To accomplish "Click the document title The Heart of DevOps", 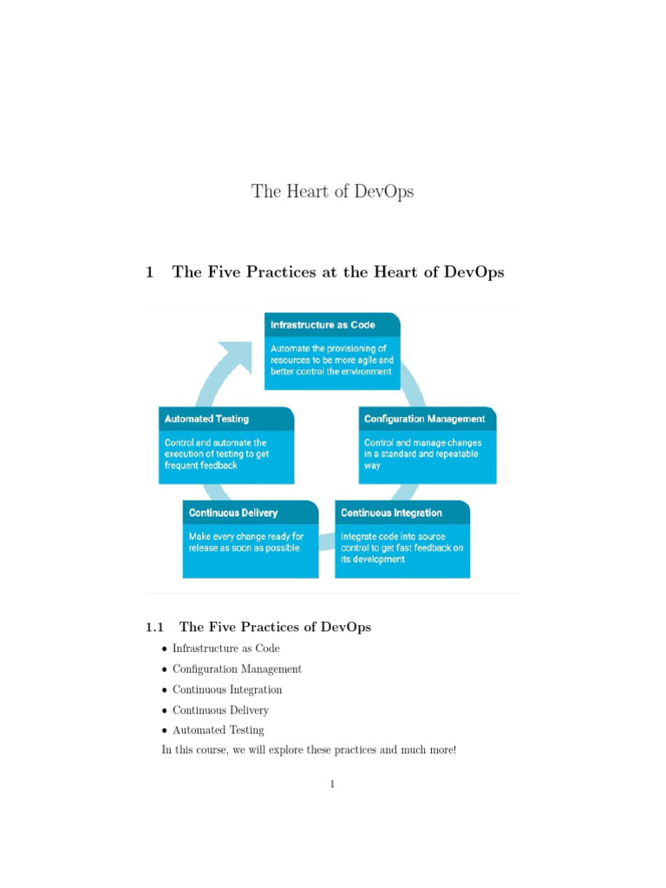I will (x=332, y=191).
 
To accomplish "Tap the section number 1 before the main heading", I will (x=150, y=272).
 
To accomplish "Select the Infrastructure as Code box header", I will (x=323, y=324).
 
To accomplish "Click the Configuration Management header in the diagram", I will (x=424, y=419).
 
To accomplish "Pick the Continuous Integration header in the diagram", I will (x=391, y=513).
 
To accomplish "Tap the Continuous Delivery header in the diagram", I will (x=233, y=513).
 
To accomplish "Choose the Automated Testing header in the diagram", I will (x=206, y=419).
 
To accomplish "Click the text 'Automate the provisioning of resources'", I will (x=333, y=354).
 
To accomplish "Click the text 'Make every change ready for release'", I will (x=246, y=542).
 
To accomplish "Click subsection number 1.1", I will (x=154, y=627).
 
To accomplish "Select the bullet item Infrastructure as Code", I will (x=225, y=649).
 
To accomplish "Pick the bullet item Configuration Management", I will (x=237, y=669).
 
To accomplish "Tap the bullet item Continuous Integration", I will (x=227, y=690).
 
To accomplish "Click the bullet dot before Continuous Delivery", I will (x=165, y=711).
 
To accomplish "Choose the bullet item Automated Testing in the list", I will (x=218, y=730).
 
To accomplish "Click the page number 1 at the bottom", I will (x=332, y=785).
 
